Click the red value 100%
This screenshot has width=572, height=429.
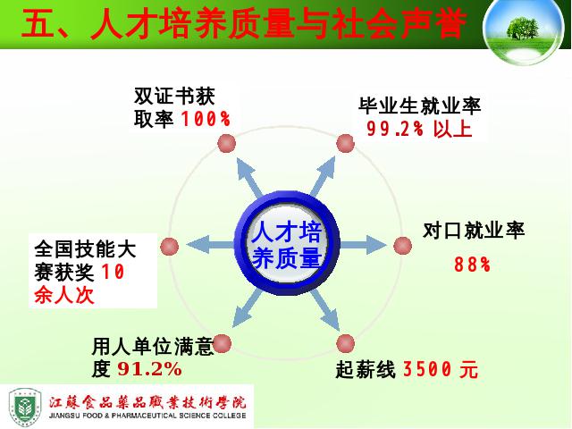(206, 119)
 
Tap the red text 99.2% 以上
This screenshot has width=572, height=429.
(419, 129)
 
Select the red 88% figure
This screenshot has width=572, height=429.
(472, 265)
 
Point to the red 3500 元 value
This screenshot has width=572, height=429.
(441, 369)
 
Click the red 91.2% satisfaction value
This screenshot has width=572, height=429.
(149, 369)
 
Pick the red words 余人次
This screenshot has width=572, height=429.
(64, 295)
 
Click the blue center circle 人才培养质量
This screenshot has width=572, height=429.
(287, 243)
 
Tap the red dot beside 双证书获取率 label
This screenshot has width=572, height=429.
(226, 143)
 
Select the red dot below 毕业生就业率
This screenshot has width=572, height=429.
(345, 143)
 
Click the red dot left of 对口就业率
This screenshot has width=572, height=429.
(403, 246)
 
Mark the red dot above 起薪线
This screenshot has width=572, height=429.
(345, 343)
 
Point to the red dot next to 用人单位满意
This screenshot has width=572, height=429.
(222, 343)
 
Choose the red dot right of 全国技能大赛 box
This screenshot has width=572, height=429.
(169, 247)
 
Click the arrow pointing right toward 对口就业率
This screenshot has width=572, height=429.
(363, 245)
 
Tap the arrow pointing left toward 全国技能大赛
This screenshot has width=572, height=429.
(211, 245)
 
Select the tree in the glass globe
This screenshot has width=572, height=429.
(522, 29)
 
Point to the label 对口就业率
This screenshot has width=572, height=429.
(474, 231)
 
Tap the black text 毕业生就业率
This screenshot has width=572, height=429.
(419, 105)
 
